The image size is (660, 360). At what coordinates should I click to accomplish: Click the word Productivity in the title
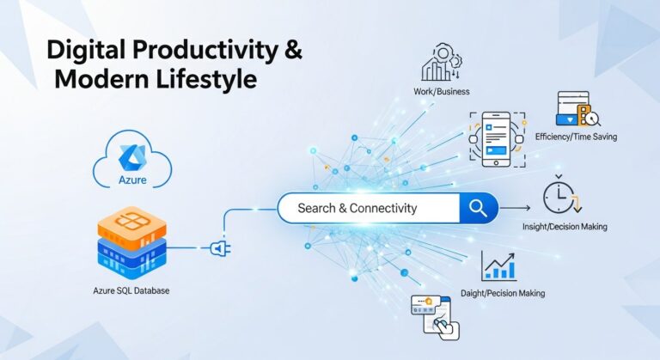click(198, 50)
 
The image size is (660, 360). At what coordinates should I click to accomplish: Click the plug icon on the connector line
click(218, 248)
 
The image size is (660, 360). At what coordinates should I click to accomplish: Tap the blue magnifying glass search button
click(478, 208)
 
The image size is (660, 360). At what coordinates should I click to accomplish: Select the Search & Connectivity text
click(357, 208)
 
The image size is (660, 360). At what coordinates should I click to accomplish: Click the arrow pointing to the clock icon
click(516, 208)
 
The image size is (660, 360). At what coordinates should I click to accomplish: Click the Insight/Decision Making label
click(565, 228)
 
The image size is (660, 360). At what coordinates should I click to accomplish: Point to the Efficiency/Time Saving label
click(576, 137)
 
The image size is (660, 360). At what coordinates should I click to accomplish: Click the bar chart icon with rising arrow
click(499, 266)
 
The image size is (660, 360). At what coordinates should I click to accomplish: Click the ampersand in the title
click(293, 50)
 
